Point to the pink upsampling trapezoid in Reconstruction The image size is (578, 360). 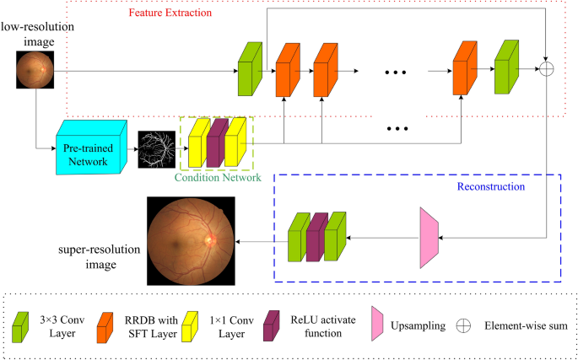click(x=429, y=239)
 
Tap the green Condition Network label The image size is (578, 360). click(x=217, y=177)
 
